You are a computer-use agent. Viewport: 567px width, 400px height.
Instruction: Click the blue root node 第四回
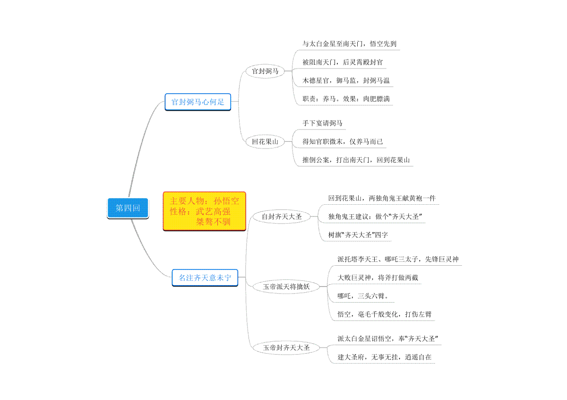[128, 208]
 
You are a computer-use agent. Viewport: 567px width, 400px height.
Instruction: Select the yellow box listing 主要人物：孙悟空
[205, 211]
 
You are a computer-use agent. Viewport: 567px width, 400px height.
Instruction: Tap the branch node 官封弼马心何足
[198, 102]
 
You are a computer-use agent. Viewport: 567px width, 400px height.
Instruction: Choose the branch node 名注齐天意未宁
[205, 278]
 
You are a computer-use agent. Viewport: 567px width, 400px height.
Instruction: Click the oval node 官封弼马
[265, 71]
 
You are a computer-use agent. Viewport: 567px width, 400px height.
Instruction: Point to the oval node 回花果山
[265, 141]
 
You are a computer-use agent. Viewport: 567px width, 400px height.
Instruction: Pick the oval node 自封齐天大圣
[282, 217]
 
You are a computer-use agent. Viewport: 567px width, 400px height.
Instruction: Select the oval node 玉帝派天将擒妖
[286, 286]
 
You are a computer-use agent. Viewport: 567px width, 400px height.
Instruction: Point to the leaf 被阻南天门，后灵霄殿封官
[343, 62]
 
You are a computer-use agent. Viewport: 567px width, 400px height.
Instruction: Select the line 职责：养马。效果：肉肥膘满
[346, 99]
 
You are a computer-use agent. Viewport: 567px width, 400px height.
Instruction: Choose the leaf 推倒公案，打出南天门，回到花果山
[356, 160]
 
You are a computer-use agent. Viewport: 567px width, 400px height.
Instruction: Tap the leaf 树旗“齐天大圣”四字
[358, 235]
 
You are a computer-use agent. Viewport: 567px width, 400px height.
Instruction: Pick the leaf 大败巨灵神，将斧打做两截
[378, 278]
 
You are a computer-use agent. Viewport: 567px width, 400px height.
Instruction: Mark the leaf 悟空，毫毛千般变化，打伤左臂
[384, 314]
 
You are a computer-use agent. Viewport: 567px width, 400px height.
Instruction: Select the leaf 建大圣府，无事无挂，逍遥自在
[384, 357]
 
